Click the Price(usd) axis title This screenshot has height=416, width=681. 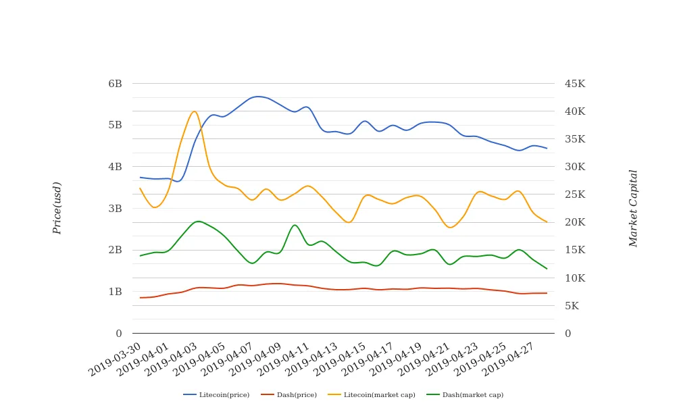[57, 208]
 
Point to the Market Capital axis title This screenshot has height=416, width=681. [634, 208]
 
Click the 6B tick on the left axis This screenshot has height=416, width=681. [115, 84]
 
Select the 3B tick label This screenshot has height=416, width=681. [115, 209]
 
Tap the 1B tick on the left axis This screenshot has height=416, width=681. [115, 292]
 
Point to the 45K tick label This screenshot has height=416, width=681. [575, 84]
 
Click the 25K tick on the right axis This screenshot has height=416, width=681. [575, 194]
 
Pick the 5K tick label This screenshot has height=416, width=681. [572, 306]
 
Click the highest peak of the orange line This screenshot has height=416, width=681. [195, 111]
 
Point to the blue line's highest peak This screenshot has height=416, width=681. [258, 97]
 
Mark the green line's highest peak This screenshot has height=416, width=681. [197, 222]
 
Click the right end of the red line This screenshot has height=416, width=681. [547, 293]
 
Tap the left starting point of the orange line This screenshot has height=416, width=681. [140, 188]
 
